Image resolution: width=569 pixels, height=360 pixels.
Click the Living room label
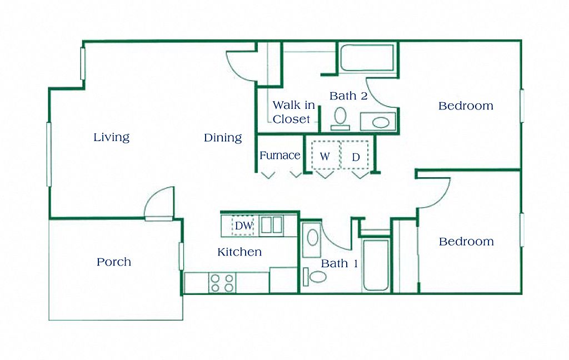[111, 137]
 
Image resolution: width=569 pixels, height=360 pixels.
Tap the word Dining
[222, 138]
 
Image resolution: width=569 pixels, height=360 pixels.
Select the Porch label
[114, 262]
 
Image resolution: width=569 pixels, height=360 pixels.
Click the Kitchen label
[239, 252]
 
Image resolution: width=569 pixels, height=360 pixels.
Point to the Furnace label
[279, 156]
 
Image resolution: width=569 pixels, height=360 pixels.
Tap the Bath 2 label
[348, 96]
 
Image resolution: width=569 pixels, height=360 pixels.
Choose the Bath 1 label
[339, 263]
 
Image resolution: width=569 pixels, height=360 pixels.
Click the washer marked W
[325, 157]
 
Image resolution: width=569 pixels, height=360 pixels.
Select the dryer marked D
[356, 157]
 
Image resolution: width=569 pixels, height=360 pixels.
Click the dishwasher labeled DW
[242, 226]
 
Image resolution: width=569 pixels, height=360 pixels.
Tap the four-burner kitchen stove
[222, 283]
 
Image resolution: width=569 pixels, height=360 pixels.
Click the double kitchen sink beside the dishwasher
[271, 225]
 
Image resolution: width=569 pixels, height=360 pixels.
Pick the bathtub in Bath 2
[367, 58]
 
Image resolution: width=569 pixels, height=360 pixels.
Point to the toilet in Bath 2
[340, 118]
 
